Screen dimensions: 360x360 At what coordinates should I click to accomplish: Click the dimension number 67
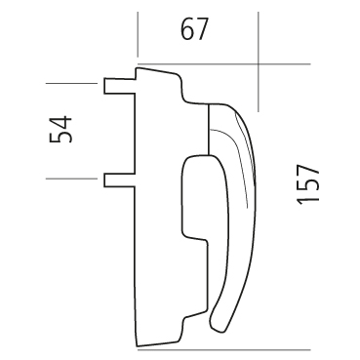click(194, 29)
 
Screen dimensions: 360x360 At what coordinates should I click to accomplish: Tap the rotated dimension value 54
click(60, 129)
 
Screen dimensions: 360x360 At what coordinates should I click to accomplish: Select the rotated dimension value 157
click(308, 184)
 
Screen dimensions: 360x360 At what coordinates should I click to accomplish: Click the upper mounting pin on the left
click(119, 86)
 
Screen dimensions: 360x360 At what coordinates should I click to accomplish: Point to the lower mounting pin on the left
click(119, 180)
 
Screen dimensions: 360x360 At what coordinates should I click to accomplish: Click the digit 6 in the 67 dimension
click(187, 29)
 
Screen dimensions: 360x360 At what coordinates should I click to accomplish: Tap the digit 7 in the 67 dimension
click(201, 29)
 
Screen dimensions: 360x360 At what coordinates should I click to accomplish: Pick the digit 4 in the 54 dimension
click(60, 122)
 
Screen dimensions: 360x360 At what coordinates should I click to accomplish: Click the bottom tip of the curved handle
click(216, 331)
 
